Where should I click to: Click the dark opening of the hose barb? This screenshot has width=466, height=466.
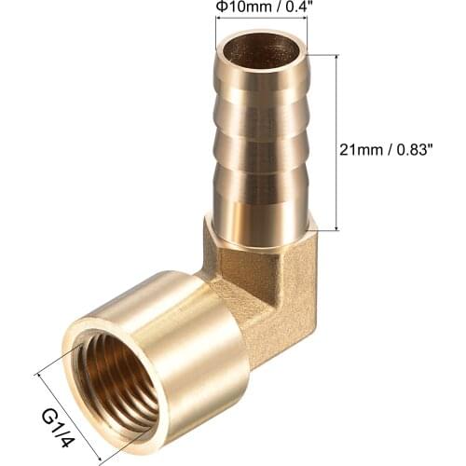[261, 50]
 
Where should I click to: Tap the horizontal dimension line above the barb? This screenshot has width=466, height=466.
[261, 21]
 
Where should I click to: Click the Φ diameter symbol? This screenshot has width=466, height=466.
[221, 8]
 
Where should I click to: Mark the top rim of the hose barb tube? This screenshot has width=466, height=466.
[262, 34]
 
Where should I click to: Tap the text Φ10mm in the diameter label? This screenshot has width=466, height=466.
[240, 8]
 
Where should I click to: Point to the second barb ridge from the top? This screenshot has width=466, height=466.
[262, 121]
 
